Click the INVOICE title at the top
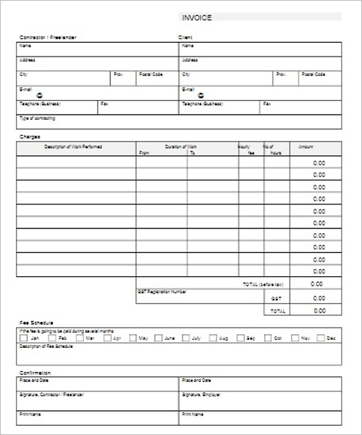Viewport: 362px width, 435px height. (197, 18)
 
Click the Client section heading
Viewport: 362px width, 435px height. (185, 37)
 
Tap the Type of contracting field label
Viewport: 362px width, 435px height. (37, 117)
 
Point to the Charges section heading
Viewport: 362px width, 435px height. (30, 136)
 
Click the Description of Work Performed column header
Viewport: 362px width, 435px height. (73, 146)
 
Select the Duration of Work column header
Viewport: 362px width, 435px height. (181, 146)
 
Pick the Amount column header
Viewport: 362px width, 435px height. (306, 146)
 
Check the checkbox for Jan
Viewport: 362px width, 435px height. (24, 338)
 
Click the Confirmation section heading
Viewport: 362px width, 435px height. (35, 373)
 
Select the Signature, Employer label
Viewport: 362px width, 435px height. (202, 394)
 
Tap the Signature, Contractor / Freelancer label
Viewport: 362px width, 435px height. (51, 394)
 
